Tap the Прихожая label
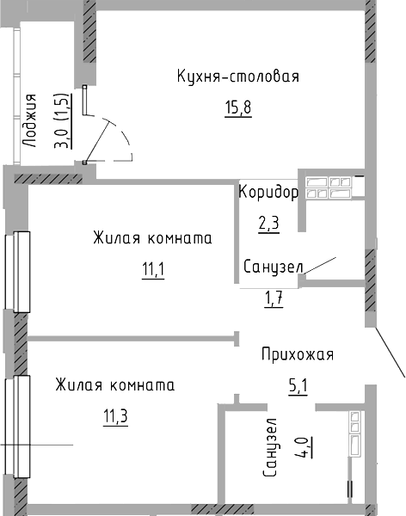pos(298,354)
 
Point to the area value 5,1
pos(298,386)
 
